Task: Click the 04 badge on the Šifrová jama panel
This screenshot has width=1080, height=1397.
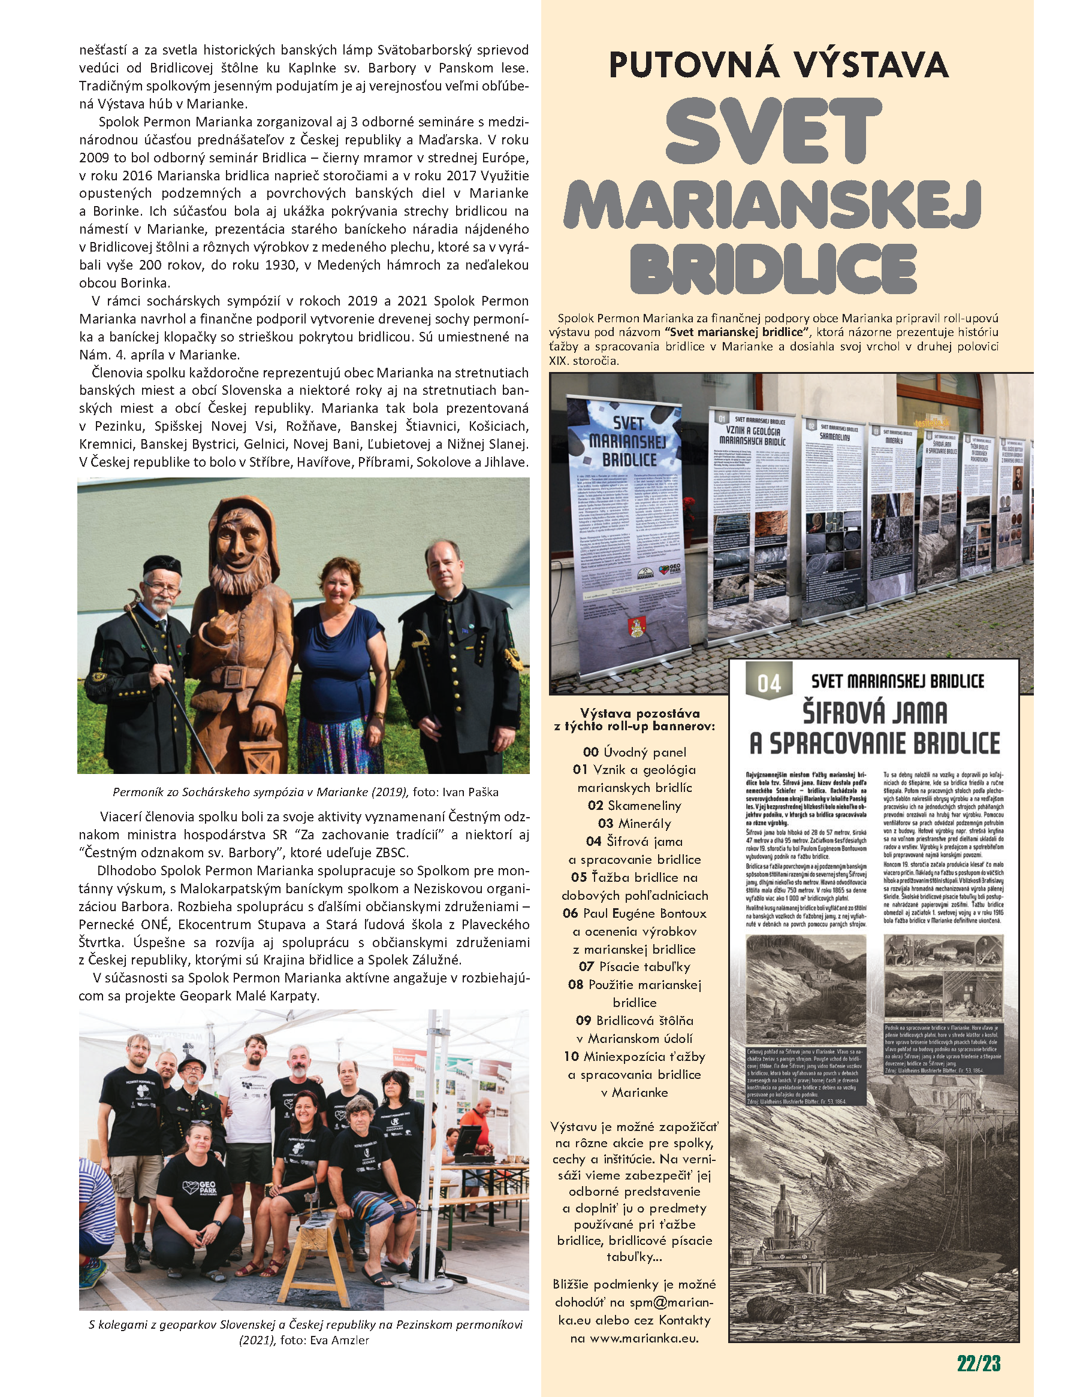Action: pos(768,683)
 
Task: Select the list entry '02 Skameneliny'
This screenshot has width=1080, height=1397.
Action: pos(634,805)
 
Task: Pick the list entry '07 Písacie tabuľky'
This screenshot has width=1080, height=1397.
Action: pos(634,966)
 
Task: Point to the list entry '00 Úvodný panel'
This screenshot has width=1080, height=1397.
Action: pos(634,752)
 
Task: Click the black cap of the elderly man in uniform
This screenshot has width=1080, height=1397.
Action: pos(162,565)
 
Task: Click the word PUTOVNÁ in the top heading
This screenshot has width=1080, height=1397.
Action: pos(693,65)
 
